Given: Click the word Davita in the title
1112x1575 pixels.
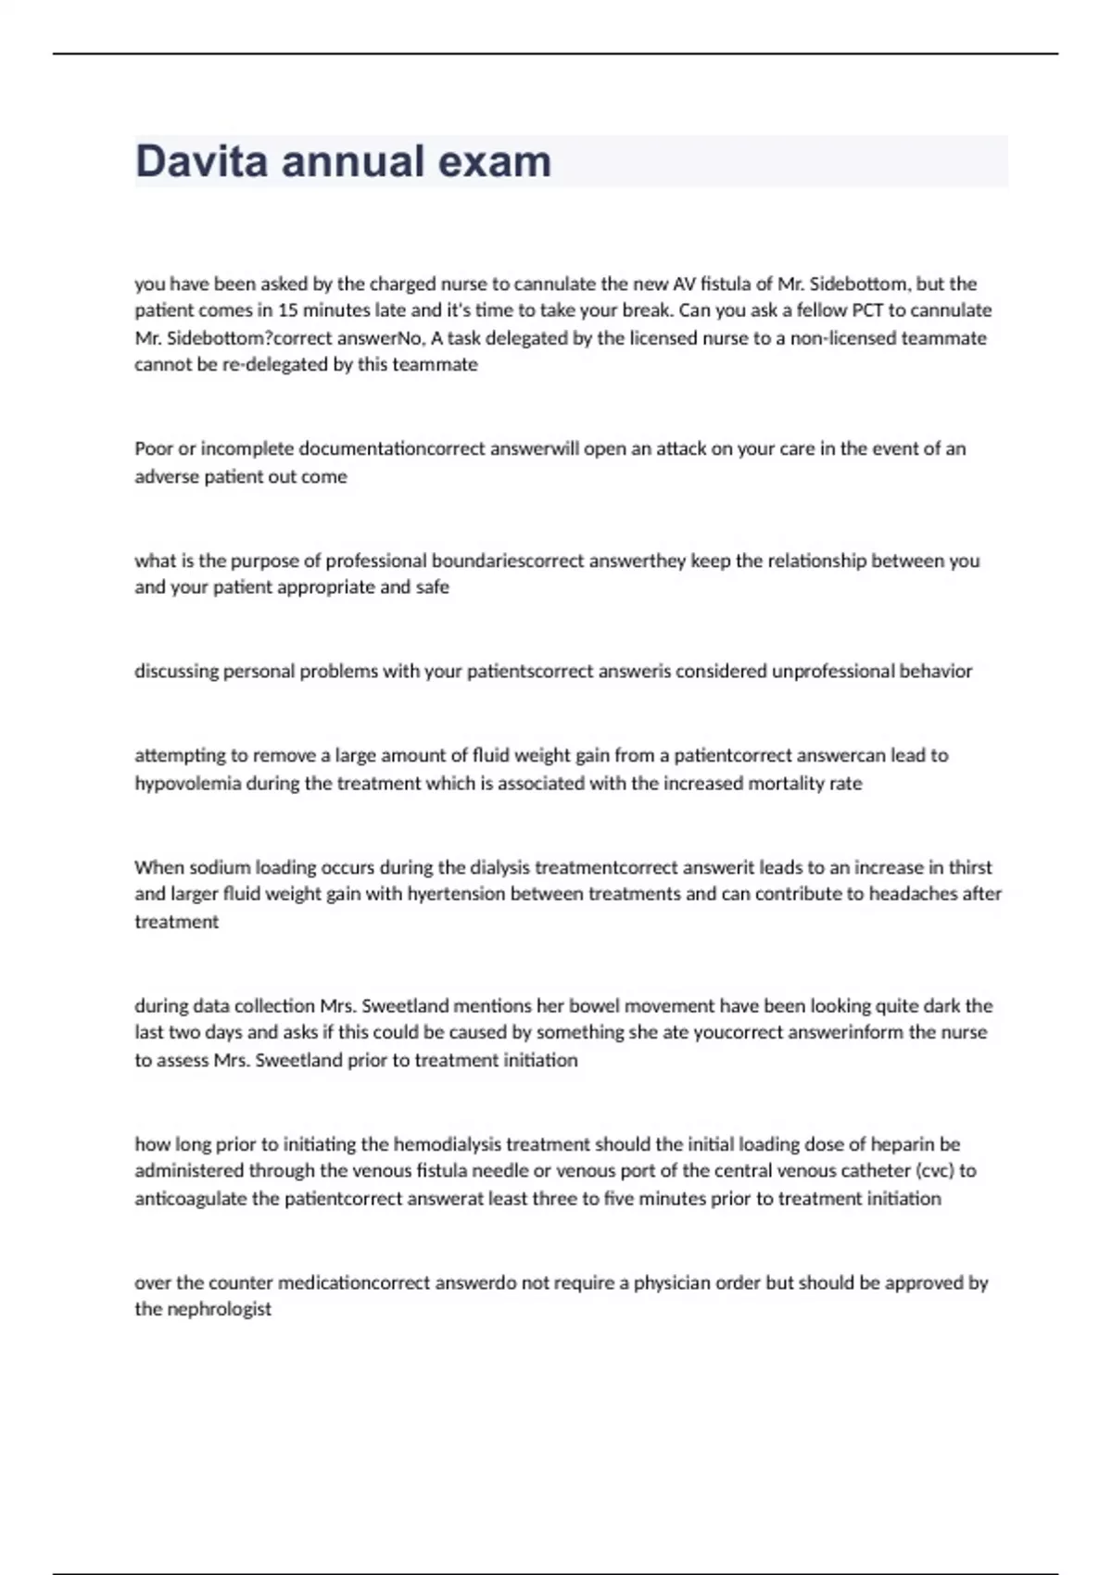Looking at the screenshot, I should coord(201,161).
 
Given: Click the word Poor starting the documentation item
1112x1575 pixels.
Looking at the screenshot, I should coord(153,448).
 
